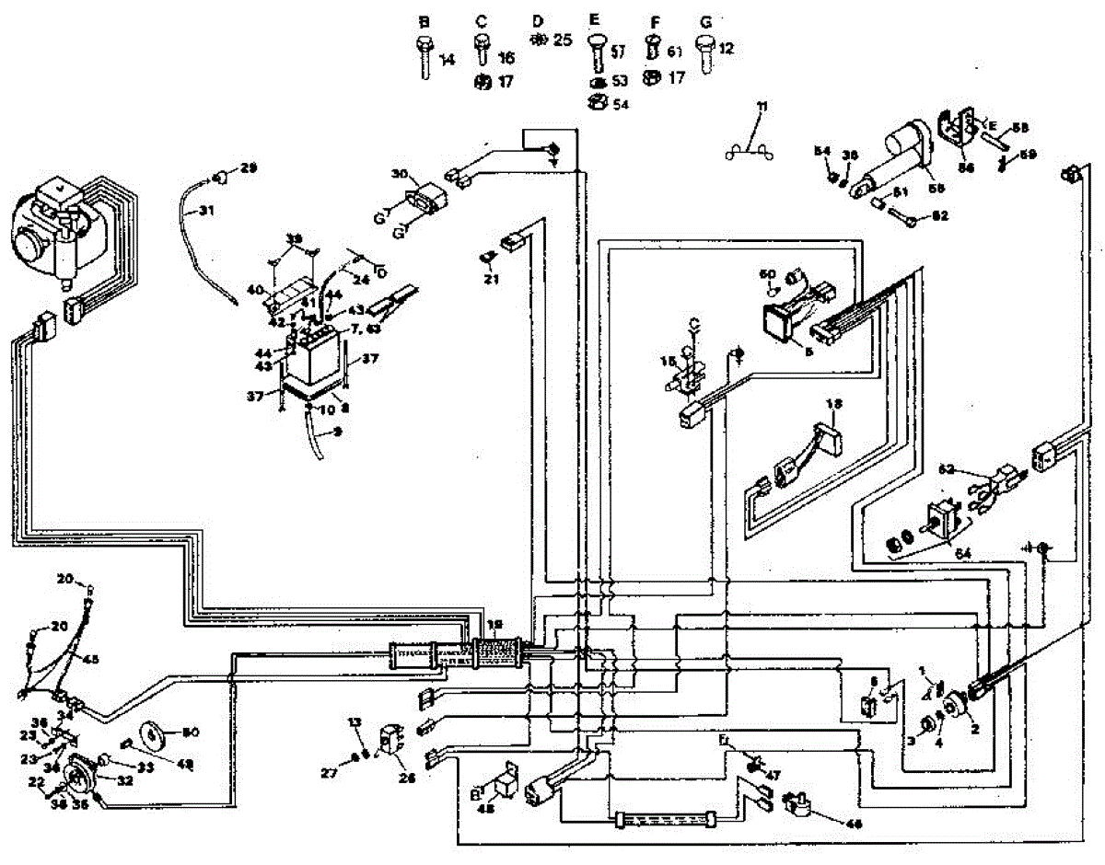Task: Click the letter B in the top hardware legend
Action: pos(425,20)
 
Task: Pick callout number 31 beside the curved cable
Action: pos(205,211)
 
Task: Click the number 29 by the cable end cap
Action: pos(249,167)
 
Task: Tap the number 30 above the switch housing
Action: pos(398,173)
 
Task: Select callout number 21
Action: pos(491,279)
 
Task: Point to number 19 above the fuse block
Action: pos(495,625)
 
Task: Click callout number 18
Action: pos(834,404)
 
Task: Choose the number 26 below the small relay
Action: pos(405,778)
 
